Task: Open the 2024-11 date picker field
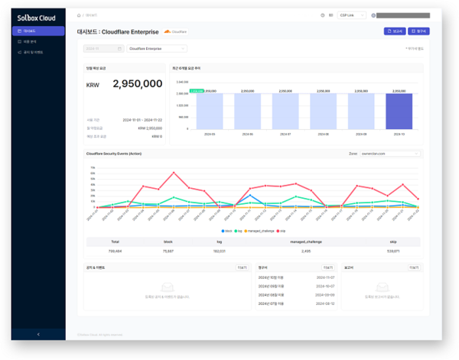click(x=103, y=48)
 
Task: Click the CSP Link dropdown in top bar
click(x=351, y=15)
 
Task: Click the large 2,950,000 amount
click(x=137, y=84)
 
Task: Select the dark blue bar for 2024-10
click(x=399, y=111)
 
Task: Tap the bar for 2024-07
click(x=285, y=111)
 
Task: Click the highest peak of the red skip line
click(x=174, y=173)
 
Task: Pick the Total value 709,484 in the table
click(x=115, y=250)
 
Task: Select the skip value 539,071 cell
click(x=392, y=250)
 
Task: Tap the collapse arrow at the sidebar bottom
click(x=38, y=334)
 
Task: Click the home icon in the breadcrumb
click(x=80, y=15)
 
